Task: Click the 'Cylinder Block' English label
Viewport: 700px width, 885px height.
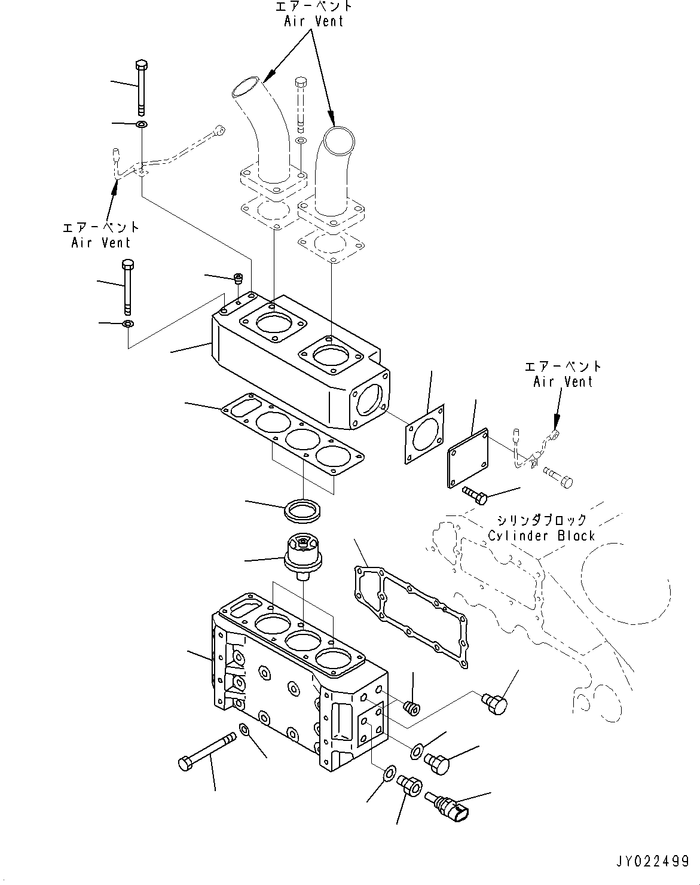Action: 542,535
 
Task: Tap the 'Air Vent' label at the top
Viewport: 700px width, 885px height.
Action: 314,21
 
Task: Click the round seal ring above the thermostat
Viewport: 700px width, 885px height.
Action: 303,511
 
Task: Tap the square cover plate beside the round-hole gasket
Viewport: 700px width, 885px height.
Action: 468,458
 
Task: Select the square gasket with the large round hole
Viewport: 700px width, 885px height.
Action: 424,434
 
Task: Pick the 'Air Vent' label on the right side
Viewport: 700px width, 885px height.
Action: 563,382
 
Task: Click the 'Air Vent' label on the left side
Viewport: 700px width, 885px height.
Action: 100,243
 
